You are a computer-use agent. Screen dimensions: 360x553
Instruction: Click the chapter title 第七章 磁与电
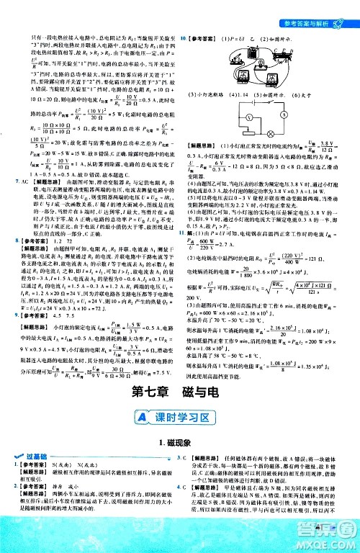coord(180,392)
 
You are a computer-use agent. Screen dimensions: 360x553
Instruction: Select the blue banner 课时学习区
coord(180,415)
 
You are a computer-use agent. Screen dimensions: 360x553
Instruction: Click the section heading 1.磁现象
coord(180,441)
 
